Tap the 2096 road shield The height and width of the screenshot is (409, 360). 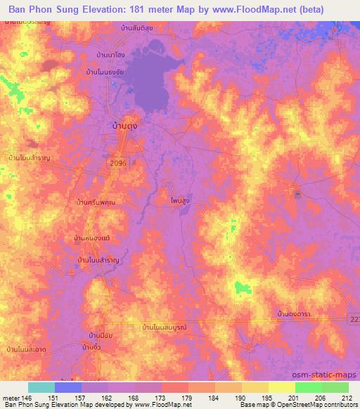pos(118,162)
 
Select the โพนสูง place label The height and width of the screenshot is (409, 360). pos(181,200)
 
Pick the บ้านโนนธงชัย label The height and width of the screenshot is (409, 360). pos(108,72)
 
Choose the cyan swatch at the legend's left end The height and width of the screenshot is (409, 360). pos(41,387)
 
